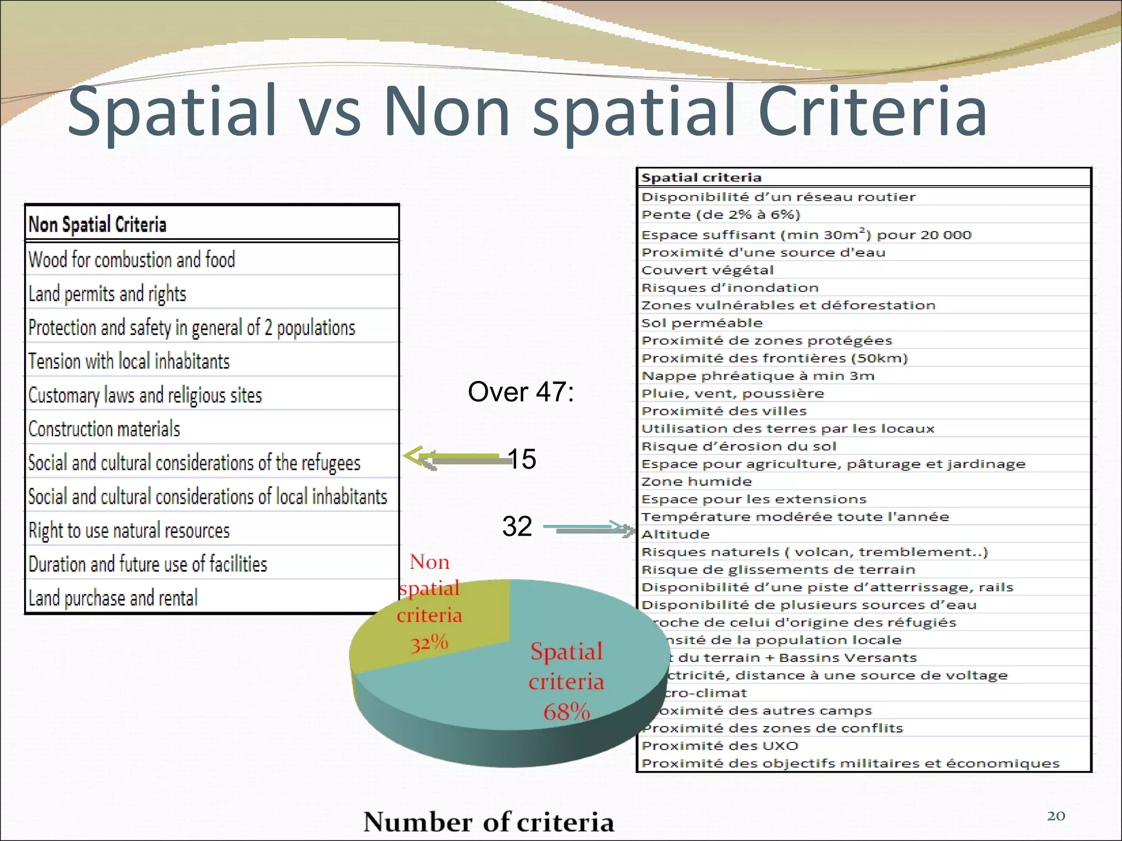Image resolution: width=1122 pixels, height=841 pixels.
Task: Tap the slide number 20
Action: pyautogui.click(x=1056, y=816)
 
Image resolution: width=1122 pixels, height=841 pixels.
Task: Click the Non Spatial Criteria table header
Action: pyautogui.click(x=98, y=224)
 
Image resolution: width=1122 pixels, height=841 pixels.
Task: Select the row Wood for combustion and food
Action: pyautogui.click(x=131, y=260)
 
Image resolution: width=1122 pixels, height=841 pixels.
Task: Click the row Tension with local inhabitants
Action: pyautogui.click(x=129, y=361)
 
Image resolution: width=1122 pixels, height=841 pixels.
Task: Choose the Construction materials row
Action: pyautogui.click(x=104, y=429)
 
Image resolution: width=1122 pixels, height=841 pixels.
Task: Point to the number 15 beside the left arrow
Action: pyautogui.click(x=522, y=459)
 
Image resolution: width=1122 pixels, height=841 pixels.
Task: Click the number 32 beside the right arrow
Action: pyautogui.click(x=517, y=526)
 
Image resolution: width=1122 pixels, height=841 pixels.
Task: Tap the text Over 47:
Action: pyautogui.click(x=520, y=392)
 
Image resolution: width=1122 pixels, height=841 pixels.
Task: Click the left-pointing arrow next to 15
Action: pyautogui.click(x=455, y=458)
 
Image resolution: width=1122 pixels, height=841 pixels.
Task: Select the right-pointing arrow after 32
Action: pyautogui.click(x=589, y=528)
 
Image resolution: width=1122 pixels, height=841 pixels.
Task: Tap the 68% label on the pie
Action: pyautogui.click(x=566, y=712)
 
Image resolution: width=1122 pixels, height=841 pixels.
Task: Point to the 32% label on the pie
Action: pyautogui.click(x=430, y=642)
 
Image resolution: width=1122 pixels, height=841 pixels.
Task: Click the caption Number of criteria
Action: pyautogui.click(x=489, y=822)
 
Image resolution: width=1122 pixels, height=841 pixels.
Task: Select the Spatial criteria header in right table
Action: pyautogui.click(x=701, y=177)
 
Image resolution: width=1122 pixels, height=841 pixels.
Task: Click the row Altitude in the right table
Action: pyautogui.click(x=676, y=534)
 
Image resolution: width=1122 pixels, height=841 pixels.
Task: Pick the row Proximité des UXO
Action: pyautogui.click(x=720, y=746)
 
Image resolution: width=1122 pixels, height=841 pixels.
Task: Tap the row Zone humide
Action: pyautogui.click(x=697, y=482)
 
